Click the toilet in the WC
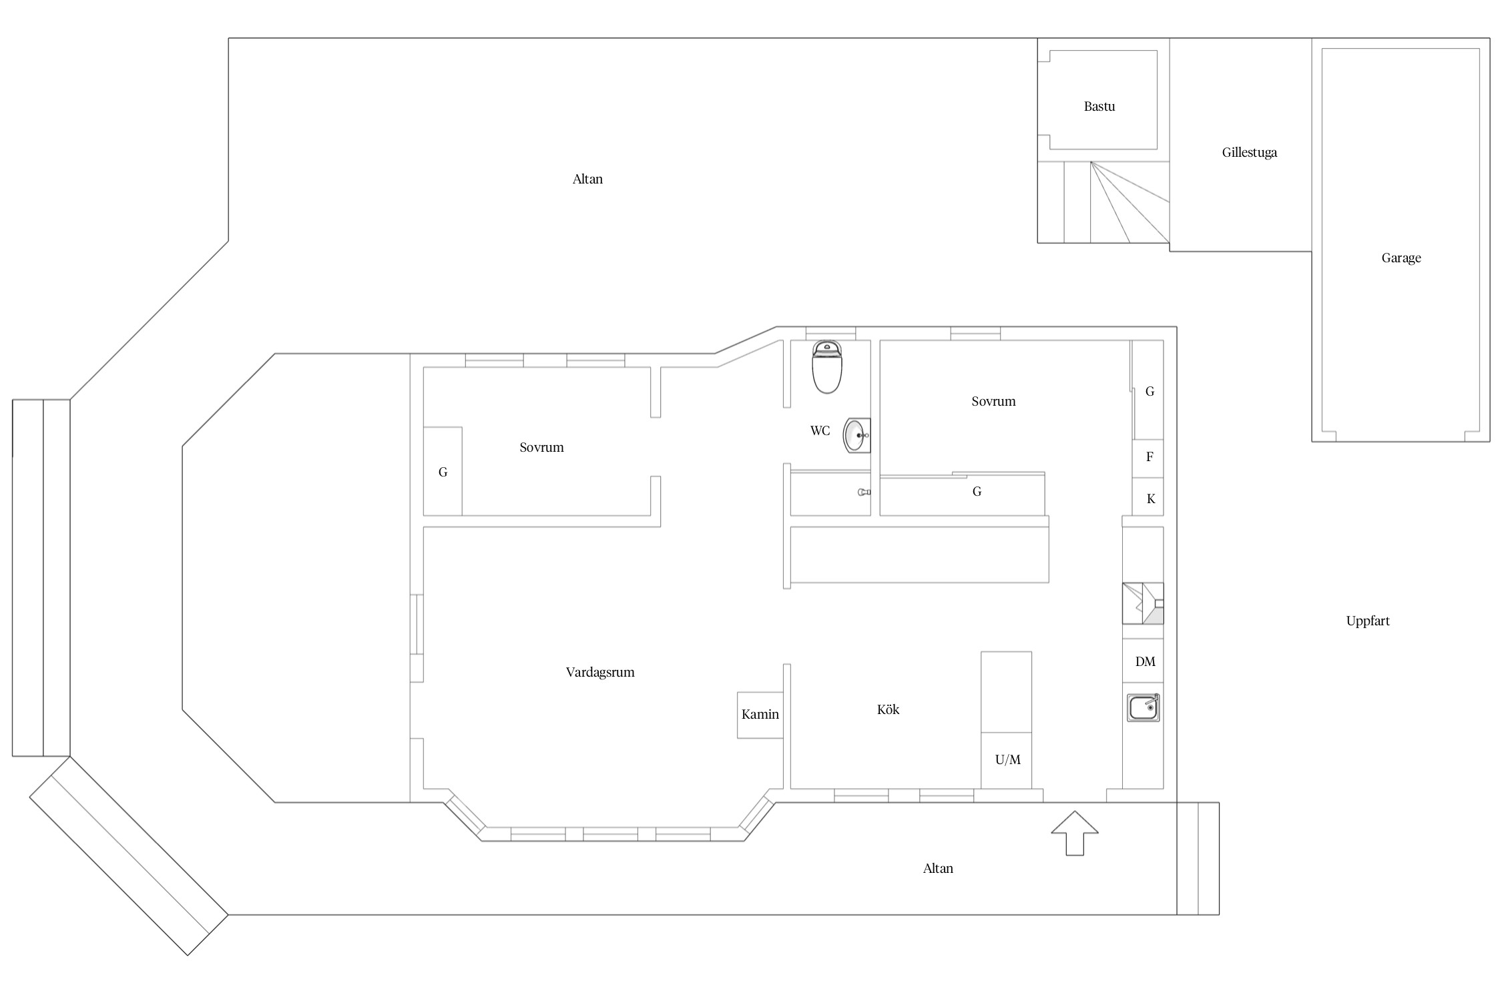826,367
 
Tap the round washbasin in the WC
857,435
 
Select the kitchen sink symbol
1143,708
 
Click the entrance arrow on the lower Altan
1075,833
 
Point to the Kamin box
760,715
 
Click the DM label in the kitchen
1145,661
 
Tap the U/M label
1007,759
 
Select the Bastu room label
1099,106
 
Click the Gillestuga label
1249,152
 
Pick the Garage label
1401,258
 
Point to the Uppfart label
1367,621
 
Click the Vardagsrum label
599,672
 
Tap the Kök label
888,709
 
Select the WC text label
820,430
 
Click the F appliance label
1149,457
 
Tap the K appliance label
1150,498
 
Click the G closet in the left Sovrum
443,471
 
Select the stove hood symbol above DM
1143,604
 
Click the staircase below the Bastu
1103,202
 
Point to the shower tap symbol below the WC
864,492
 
